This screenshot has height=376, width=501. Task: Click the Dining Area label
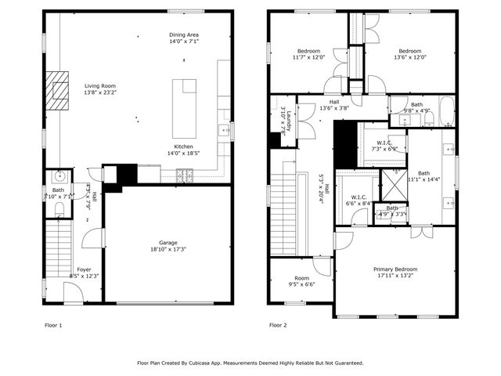point(183,35)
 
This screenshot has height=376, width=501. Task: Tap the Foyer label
point(84,269)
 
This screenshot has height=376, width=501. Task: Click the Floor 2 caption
point(279,324)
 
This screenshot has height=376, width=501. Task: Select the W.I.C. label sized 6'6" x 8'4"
point(359,197)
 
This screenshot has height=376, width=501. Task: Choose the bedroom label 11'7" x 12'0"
point(308,51)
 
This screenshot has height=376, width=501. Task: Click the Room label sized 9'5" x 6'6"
point(301,278)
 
